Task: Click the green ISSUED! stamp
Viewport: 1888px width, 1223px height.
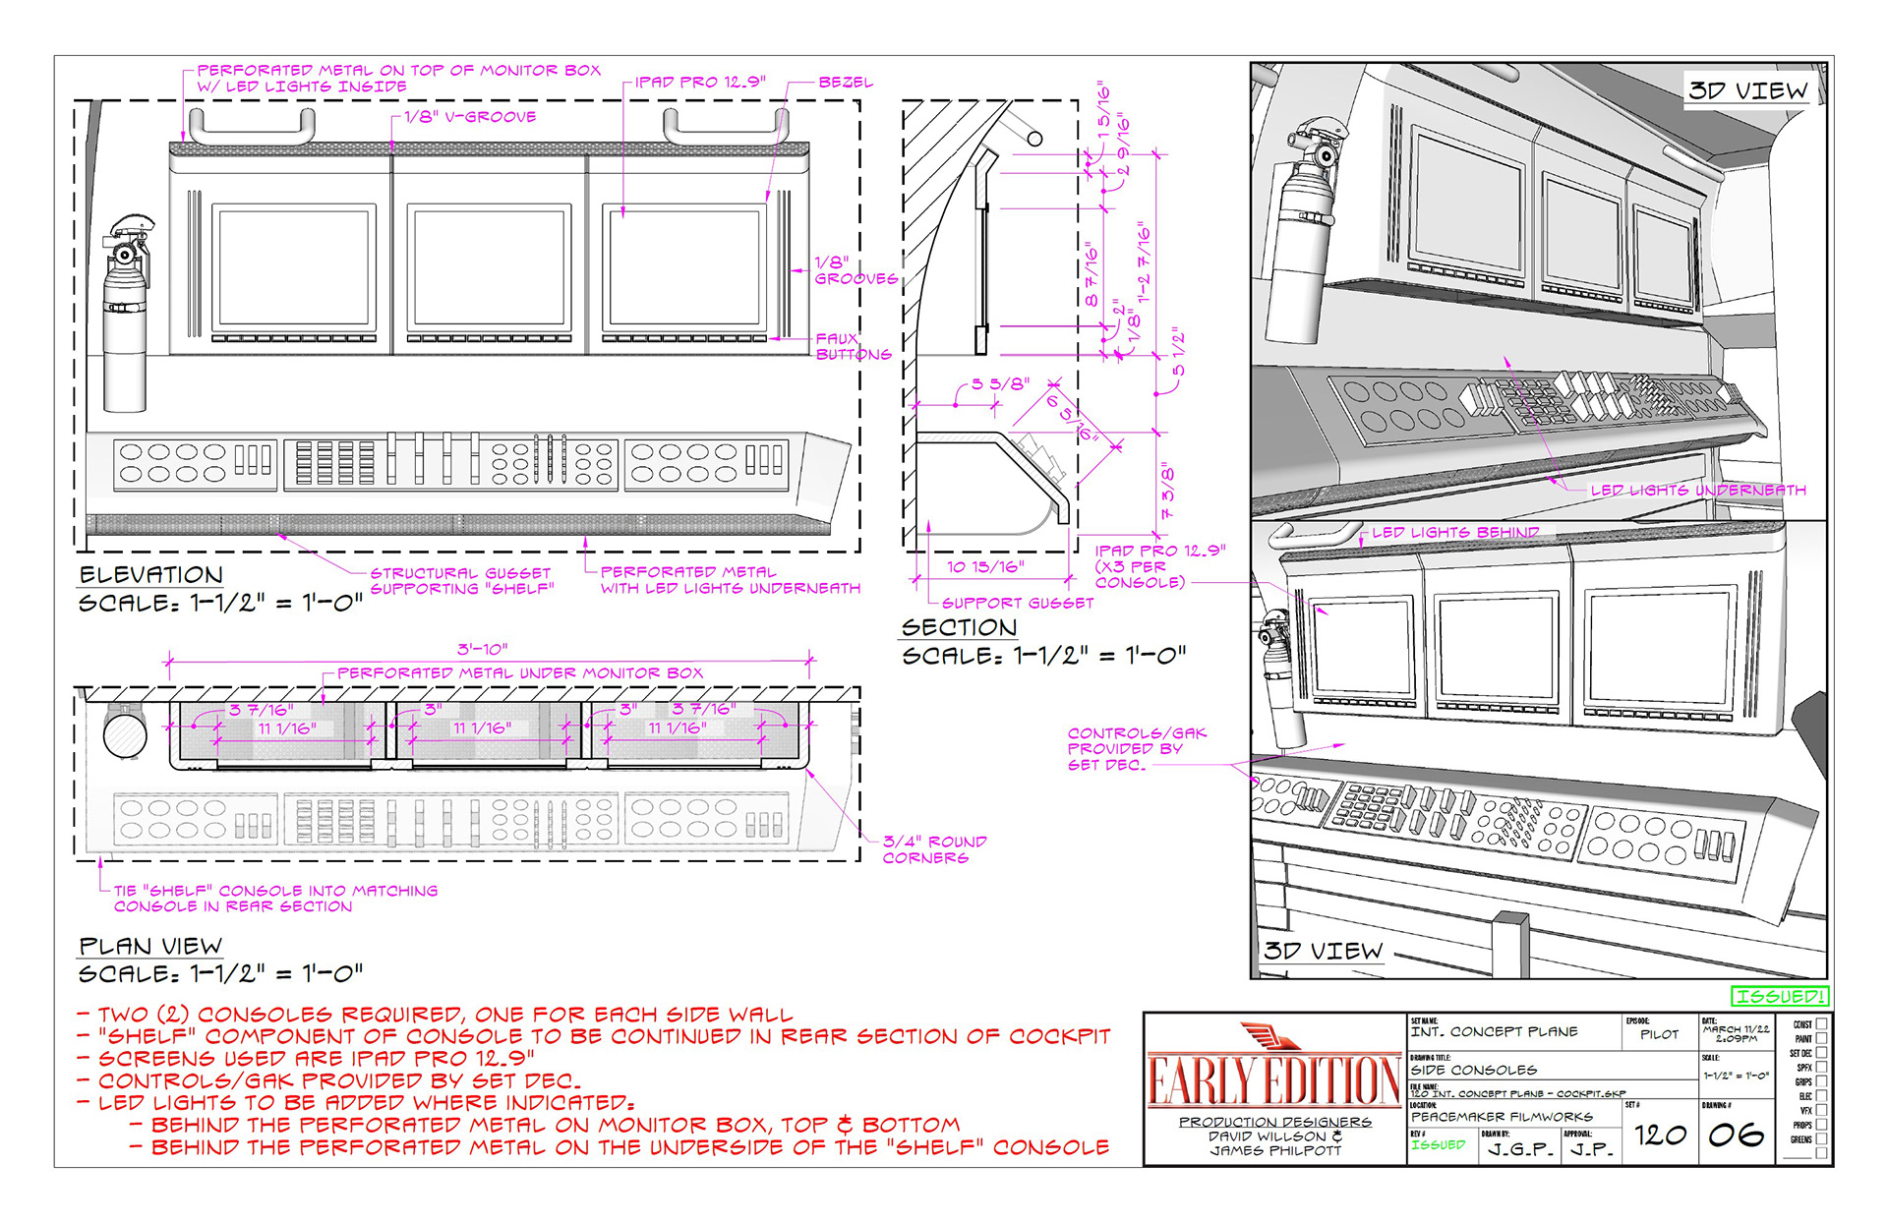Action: [x=1780, y=996]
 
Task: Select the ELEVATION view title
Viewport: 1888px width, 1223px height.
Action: [x=151, y=575]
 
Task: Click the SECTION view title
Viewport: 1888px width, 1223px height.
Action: [x=959, y=627]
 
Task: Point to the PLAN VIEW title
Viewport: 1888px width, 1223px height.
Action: [x=150, y=946]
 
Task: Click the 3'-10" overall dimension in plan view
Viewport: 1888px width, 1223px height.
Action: [x=482, y=649]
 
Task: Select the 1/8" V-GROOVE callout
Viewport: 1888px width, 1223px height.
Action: [x=470, y=117]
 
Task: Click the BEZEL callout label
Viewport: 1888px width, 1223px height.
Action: [x=845, y=83]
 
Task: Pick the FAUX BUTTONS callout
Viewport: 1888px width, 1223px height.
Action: [x=853, y=346]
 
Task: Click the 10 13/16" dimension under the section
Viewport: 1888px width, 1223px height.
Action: [x=985, y=566]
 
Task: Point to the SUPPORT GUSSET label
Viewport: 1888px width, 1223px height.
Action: [x=1017, y=603]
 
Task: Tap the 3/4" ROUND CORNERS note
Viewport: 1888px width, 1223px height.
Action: [x=933, y=849]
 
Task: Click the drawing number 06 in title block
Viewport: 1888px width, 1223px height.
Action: [x=1736, y=1136]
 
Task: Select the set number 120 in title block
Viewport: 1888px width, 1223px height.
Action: [x=1660, y=1136]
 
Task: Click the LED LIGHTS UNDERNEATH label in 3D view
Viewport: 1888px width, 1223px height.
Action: [x=1698, y=490]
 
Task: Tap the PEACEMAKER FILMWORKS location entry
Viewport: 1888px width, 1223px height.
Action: [x=1502, y=1117]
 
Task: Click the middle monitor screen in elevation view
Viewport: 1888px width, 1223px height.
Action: [x=489, y=267]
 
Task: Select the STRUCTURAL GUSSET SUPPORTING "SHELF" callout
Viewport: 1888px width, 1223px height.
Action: [x=461, y=581]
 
